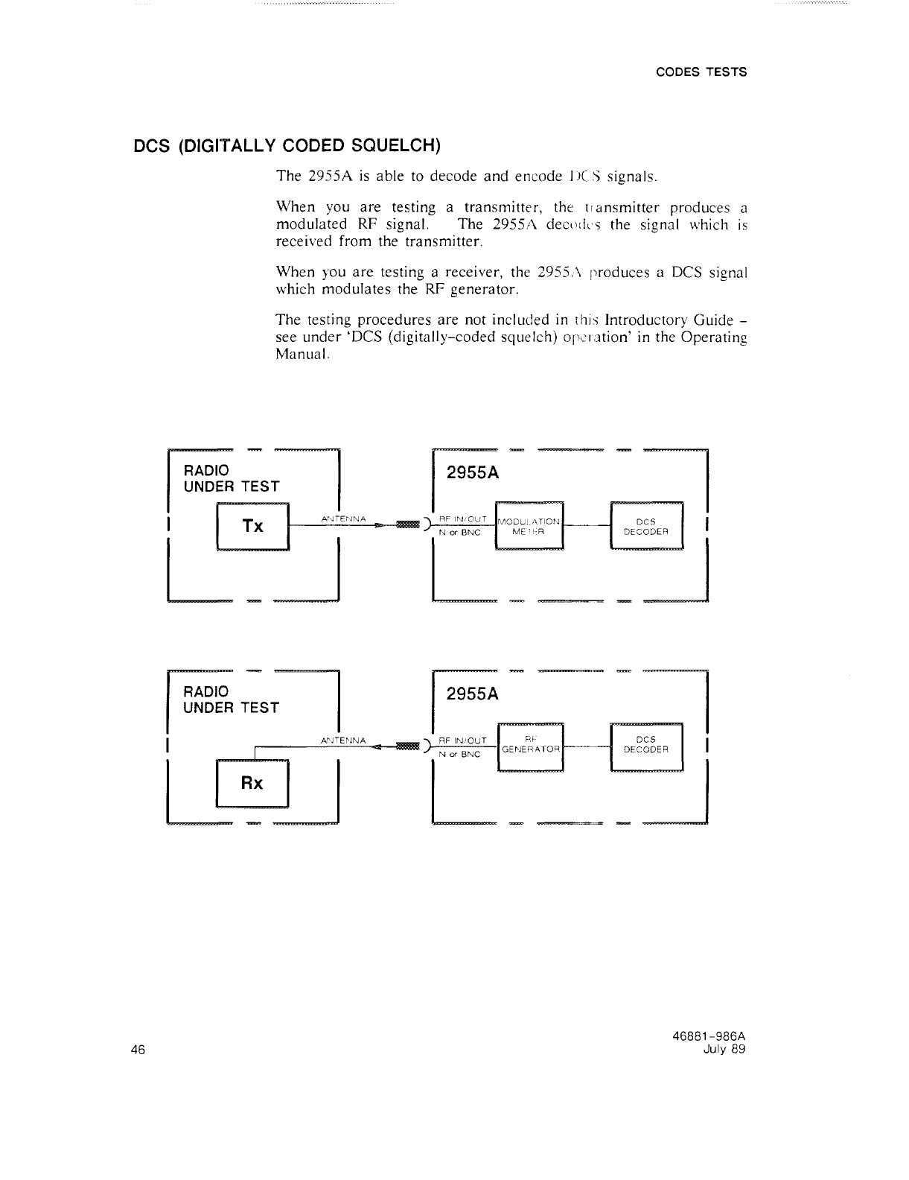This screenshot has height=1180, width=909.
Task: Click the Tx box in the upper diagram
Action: (252, 525)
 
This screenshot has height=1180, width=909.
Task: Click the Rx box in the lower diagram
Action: (252, 783)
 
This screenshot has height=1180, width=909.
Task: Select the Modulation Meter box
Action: (530, 525)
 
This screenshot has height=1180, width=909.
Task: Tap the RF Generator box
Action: (530, 746)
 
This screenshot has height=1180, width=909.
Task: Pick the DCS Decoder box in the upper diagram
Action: (645, 525)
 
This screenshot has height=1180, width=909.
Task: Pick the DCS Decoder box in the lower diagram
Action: (645, 745)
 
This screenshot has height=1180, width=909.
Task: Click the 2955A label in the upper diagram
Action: (472, 474)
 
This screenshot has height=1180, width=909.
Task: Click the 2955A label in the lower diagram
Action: (472, 694)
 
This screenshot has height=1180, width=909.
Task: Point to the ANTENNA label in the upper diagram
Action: (342, 518)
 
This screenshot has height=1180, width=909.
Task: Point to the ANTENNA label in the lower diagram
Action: (343, 740)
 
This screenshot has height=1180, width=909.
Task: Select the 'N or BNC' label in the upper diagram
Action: (461, 533)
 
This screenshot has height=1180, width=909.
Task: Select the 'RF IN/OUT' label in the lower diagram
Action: (462, 740)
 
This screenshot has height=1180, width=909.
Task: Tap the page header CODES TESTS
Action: (701, 72)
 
